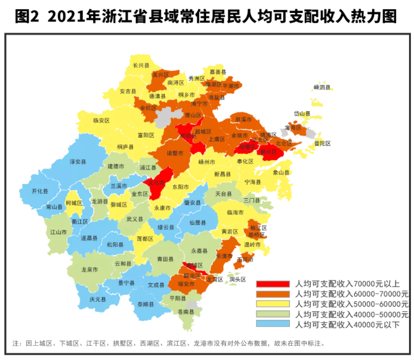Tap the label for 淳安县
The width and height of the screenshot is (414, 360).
78,161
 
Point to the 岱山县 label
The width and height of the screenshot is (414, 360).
302,114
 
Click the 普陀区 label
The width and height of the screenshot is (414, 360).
322,143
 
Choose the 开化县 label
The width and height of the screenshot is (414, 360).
39,191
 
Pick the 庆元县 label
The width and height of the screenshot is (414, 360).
97,299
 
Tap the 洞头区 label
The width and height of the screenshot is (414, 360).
238,280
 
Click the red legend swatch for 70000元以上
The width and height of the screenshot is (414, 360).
275,283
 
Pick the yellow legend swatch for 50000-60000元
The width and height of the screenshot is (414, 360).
275,303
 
